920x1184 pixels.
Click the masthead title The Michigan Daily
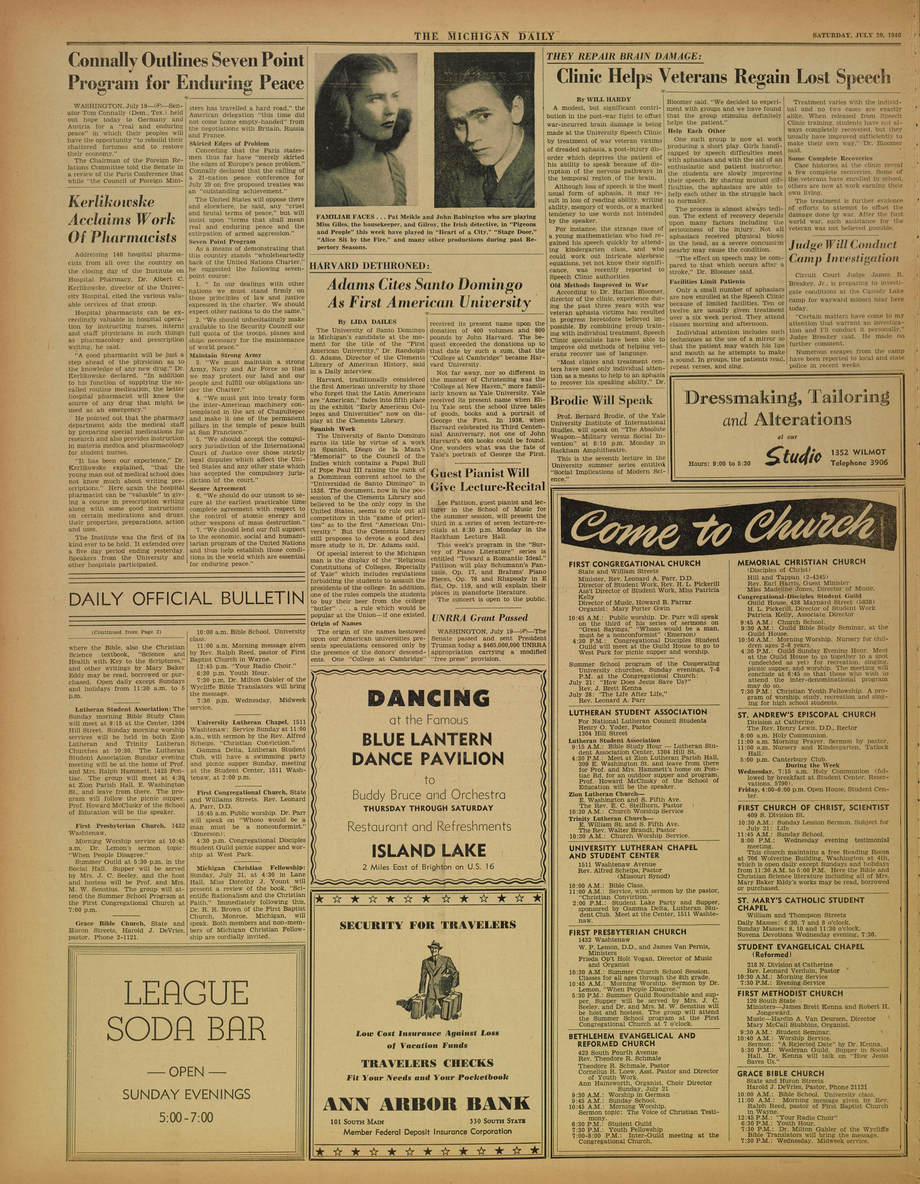(x=484, y=36)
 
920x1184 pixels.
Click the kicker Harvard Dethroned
(x=369, y=266)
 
